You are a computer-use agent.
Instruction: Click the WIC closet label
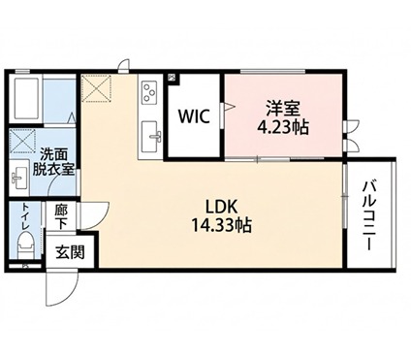[x=195, y=116]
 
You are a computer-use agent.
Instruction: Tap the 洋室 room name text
[x=283, y=109]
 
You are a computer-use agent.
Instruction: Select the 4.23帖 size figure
[x=282, y=127]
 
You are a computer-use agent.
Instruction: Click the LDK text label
[x=222, y=207]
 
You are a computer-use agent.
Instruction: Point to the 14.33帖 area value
[x=222, y=225]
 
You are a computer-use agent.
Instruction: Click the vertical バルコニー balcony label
[x=370, y=216]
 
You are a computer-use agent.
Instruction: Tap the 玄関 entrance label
[x=70, y=252]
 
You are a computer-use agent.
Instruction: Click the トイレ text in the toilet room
[x=25, y=216]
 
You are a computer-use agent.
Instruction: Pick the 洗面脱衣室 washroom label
[x=53, y=163]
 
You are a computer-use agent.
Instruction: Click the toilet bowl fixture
[x=26, y=246]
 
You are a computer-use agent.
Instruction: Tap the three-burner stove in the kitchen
[x=150, y=91]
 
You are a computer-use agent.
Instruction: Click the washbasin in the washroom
[x=19, y=177]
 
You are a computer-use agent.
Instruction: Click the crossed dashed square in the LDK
[x=96, y=87]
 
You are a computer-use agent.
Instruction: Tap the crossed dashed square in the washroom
[x=22, y=141]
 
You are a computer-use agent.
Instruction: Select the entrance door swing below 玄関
[x=62, y=287]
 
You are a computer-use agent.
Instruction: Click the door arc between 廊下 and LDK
[x=95, y=215]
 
